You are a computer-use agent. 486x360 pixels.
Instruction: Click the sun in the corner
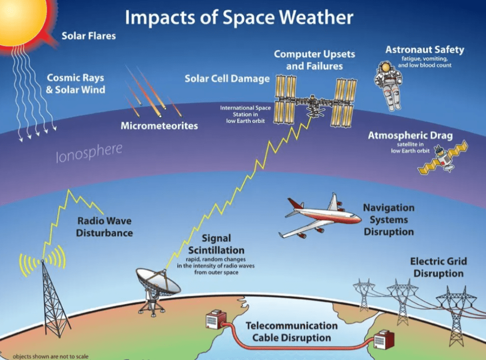click(21, 19)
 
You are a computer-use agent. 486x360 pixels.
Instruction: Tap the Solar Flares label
click(88, 36)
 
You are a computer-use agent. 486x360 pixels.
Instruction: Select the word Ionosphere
click(89, 153)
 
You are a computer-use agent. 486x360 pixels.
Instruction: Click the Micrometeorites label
click(159, 126)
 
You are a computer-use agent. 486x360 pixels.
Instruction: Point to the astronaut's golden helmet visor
click(386, 67)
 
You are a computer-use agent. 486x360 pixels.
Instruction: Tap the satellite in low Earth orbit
click(443, 158)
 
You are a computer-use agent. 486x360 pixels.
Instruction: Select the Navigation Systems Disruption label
click(389, 220)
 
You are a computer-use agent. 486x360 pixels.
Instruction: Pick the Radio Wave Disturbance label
click(104, 227)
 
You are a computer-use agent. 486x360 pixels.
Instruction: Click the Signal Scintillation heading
click(216, 244)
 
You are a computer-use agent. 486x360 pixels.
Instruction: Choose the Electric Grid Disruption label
click(438, 267)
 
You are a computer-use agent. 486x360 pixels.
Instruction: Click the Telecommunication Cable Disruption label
click(291, 331)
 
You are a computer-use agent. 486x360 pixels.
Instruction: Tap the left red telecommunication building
click(216, 319)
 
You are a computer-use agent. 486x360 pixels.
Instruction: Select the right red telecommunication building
click(384, 340)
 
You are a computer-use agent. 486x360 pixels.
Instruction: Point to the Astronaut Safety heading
click(425, 49)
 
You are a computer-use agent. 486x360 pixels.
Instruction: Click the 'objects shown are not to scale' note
click(50, 357)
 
